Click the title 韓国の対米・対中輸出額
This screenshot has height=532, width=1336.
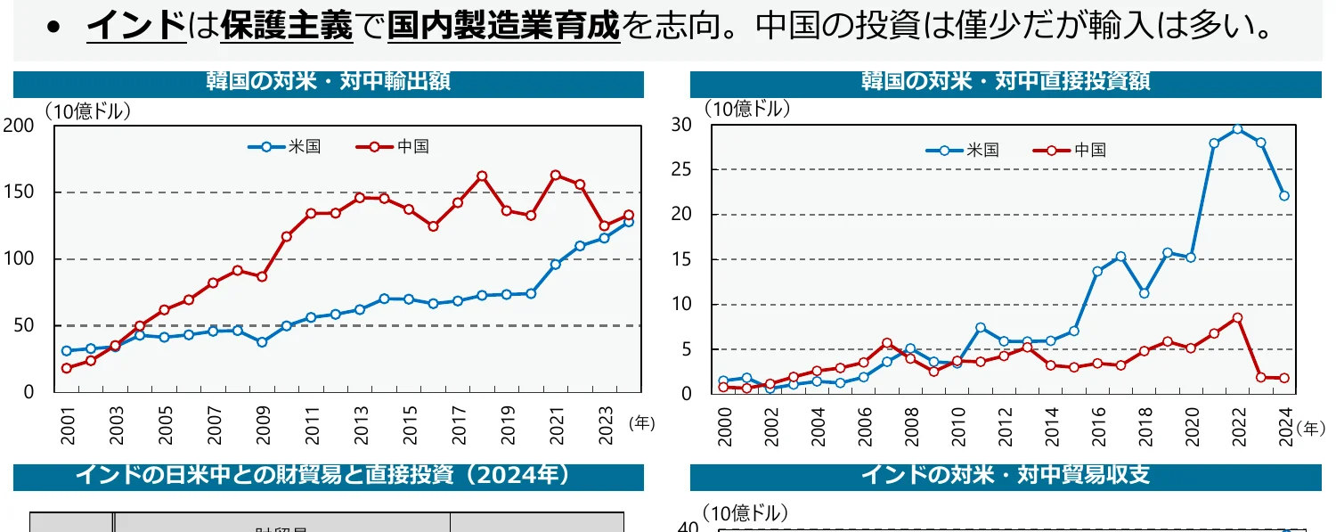click(328, 82)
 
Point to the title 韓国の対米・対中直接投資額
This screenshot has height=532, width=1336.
click(1006, 82)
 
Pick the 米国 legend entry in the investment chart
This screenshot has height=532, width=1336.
click(963, 151)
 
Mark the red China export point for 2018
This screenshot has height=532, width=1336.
click(482, 176)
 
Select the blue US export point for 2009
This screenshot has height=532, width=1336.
click(262, 342)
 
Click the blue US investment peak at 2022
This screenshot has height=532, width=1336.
click(1236, 129)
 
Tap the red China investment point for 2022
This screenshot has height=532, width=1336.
click(1236, 317)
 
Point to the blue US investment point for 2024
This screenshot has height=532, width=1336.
click(1284, 196)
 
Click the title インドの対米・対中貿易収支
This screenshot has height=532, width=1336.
click(1006, 475)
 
